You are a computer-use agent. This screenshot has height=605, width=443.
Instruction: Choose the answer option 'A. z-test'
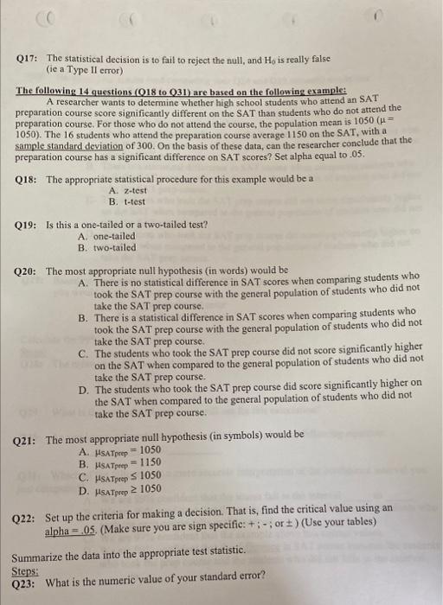[x=125, y=190]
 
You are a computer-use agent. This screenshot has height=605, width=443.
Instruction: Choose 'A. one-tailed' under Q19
[x=106, y=236]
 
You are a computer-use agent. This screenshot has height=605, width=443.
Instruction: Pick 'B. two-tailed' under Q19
[x=106, y=247]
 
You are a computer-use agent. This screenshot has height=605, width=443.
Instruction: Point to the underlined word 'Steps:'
[x=26, y=571]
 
